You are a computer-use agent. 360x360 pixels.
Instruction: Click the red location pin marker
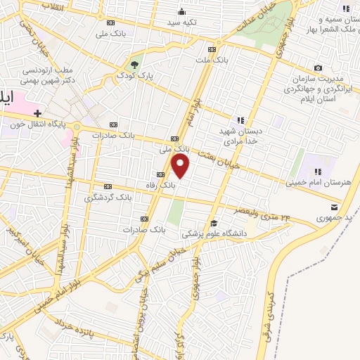(x=181, y=166)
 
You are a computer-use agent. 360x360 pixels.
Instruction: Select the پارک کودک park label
(x=135, y=74)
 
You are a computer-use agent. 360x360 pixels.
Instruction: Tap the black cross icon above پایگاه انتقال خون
(x=37, y=112)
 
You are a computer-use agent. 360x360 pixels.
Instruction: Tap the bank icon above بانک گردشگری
(x=108, y=186)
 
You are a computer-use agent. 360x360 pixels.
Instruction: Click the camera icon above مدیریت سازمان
(x=319, y=68)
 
